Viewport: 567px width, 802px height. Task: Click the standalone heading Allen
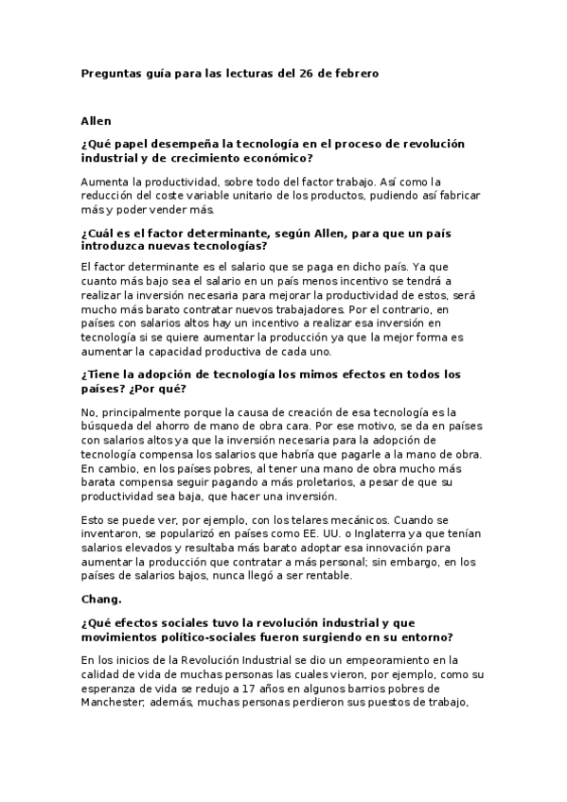click(x=97, y=121)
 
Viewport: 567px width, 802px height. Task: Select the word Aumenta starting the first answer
click(x=107, y=182)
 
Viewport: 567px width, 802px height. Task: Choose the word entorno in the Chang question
click(x=426, y=636)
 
